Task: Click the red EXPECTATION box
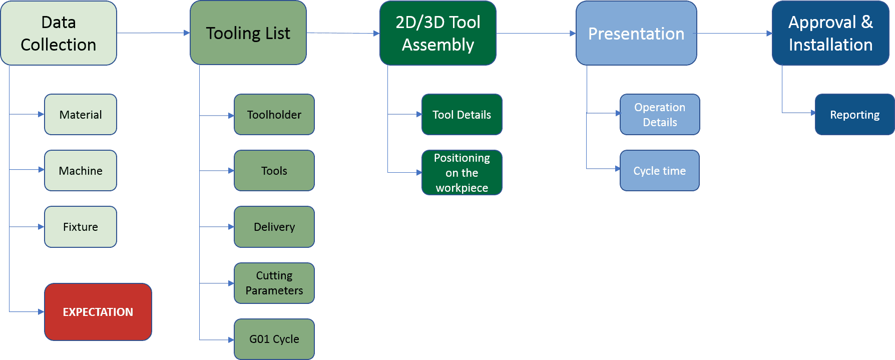point(98,312)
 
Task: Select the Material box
point(81,115)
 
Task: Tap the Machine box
point(81,171)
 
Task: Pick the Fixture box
point(81,227)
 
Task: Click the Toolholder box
point(274,115)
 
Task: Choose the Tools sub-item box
point(274,171)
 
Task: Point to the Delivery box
point(274,227)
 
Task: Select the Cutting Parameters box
point(274,283)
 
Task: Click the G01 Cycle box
point(274,339)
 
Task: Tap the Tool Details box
point(462,115)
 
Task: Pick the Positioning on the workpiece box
point(462,173)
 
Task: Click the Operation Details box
point(660,115)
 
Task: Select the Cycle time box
point(660,171)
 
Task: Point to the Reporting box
point(854,115)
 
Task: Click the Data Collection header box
point(59,33)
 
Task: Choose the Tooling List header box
point(248,33)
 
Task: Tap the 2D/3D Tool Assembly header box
point(438,33)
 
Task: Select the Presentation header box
point(636,33)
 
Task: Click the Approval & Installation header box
point(830,33)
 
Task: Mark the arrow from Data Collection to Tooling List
point(153,33)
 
